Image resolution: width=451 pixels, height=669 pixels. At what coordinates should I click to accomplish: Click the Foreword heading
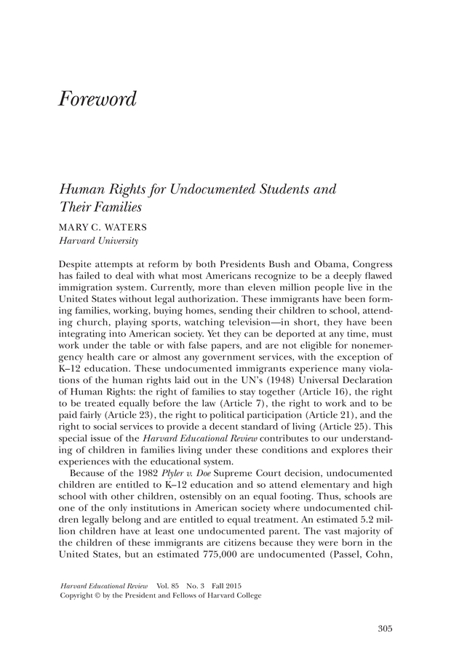point(97,99)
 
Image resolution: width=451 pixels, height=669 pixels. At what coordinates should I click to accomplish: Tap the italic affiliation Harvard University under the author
point(98,240)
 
